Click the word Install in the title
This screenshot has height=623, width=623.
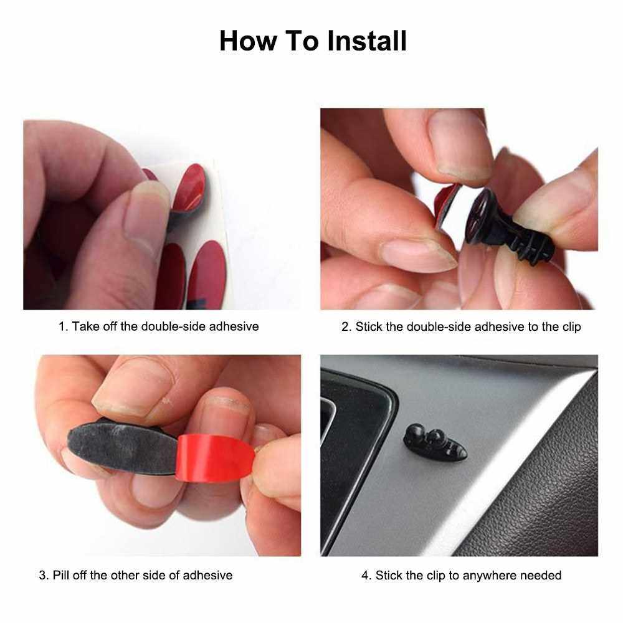(x=367, y=41)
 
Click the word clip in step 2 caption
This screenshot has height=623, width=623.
(x=571, y=327)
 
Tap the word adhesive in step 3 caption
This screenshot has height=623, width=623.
(x=207, y=575)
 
